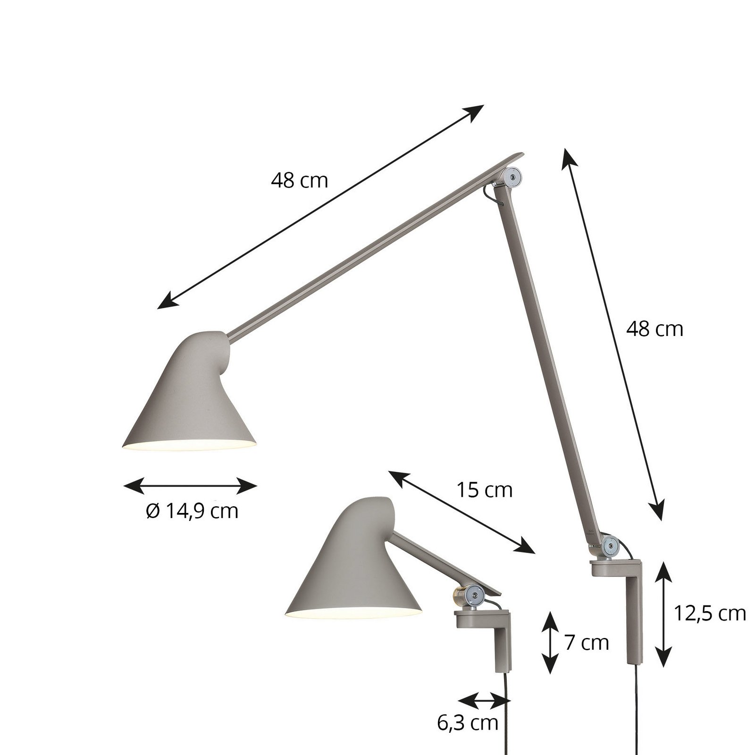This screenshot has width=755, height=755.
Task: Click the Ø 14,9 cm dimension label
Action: (192, 511)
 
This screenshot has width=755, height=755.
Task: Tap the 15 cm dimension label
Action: (484, 490)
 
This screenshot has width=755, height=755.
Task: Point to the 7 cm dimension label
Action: (587, 643)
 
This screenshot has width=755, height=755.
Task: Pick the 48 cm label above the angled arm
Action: (299, 180)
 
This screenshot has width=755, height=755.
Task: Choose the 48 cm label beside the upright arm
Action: (654, 329)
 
